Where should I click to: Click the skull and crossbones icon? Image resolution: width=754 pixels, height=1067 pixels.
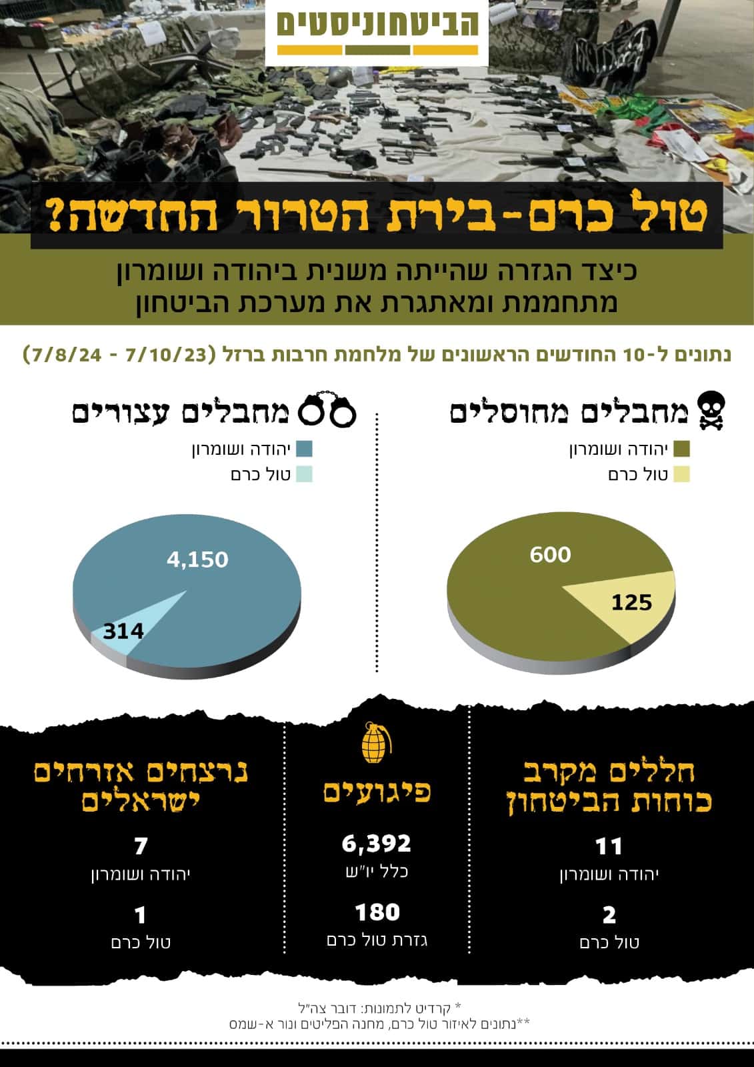point(711,411)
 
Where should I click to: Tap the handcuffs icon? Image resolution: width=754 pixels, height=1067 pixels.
point(327,408)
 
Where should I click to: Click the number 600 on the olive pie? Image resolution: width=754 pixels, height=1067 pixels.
point(550,555)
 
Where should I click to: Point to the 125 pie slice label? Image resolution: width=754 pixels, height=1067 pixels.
point(631,603)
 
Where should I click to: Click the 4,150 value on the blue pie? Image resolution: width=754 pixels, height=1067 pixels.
point(198,560)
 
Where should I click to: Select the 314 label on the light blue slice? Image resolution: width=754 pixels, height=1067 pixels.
point(123,632)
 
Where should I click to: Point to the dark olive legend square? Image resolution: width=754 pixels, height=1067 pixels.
point(682,449)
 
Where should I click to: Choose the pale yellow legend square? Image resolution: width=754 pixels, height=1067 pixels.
point(682,475)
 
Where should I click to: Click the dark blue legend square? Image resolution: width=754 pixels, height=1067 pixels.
point(305,449)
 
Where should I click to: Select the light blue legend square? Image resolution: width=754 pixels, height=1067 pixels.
point(305,475)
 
